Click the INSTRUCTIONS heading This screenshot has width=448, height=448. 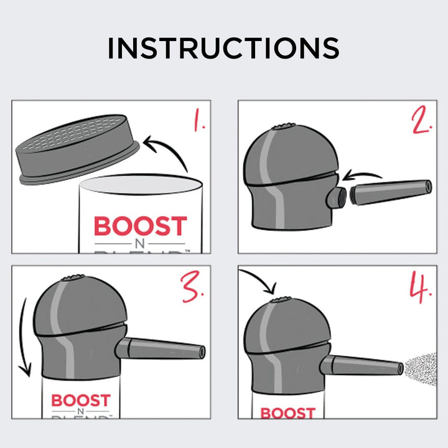223,48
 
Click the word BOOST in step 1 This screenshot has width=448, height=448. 140,226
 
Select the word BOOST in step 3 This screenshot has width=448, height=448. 80,400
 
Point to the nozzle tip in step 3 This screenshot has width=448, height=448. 200,352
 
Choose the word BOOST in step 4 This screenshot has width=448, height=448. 287,413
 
